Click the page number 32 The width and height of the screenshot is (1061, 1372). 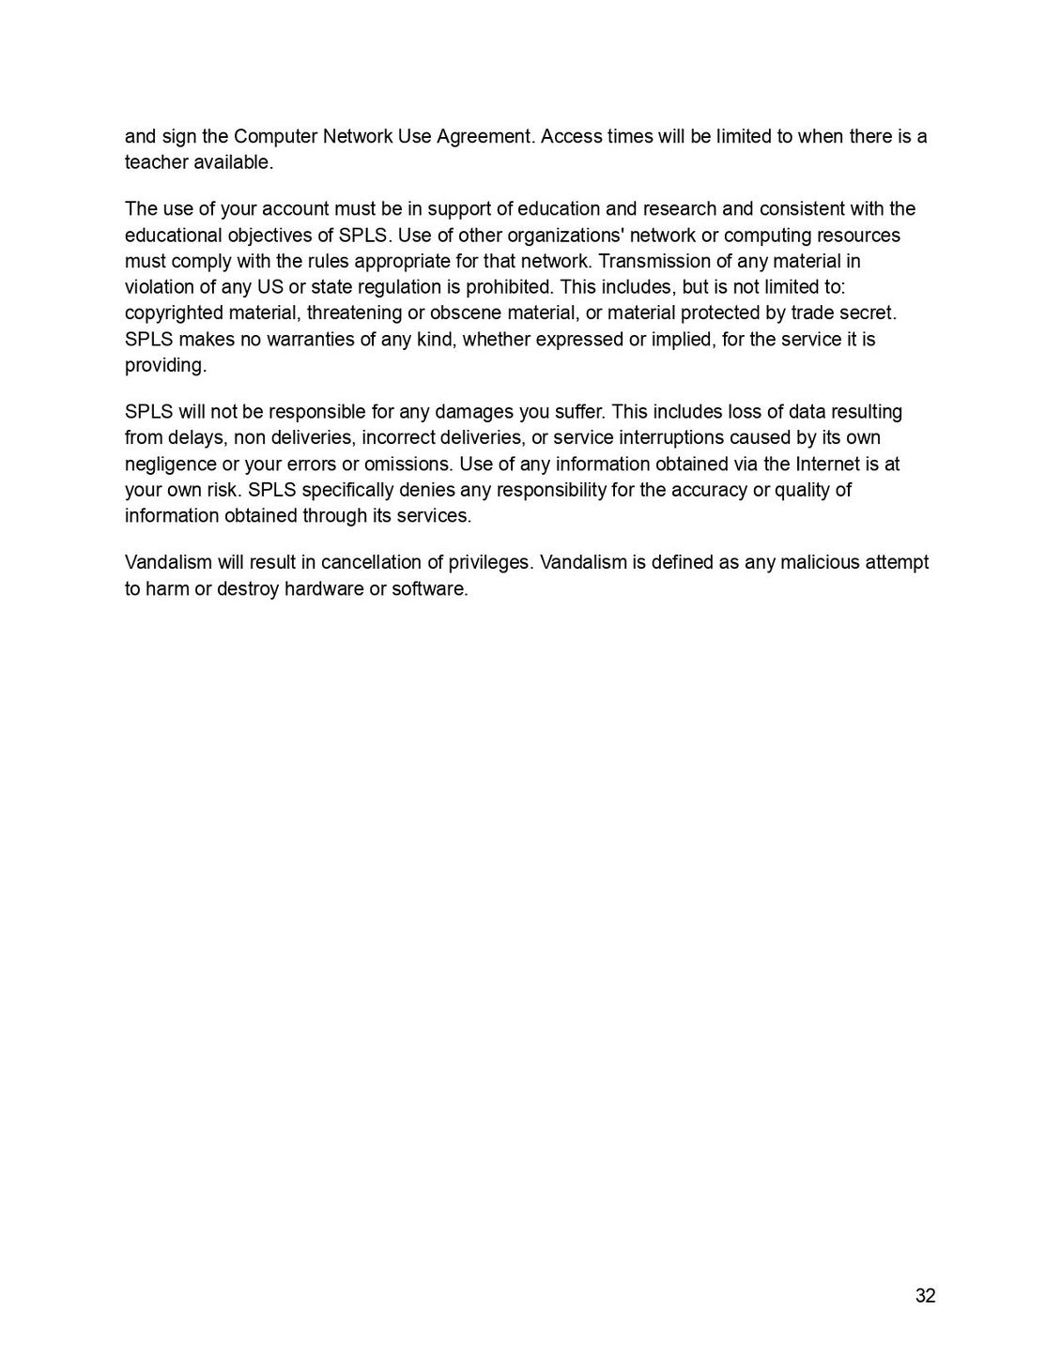tap(925, 1296)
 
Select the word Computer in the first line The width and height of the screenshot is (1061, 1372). tap(275, 136)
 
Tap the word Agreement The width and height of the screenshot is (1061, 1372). tap(485, 136)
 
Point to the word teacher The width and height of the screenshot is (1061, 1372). tap(155, 162)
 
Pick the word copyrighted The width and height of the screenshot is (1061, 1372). tap(175, 313)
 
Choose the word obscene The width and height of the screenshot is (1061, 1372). tap(465, 313)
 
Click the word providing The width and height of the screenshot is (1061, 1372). tap(165, 365)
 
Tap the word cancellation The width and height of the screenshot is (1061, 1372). tap(369, 562)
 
